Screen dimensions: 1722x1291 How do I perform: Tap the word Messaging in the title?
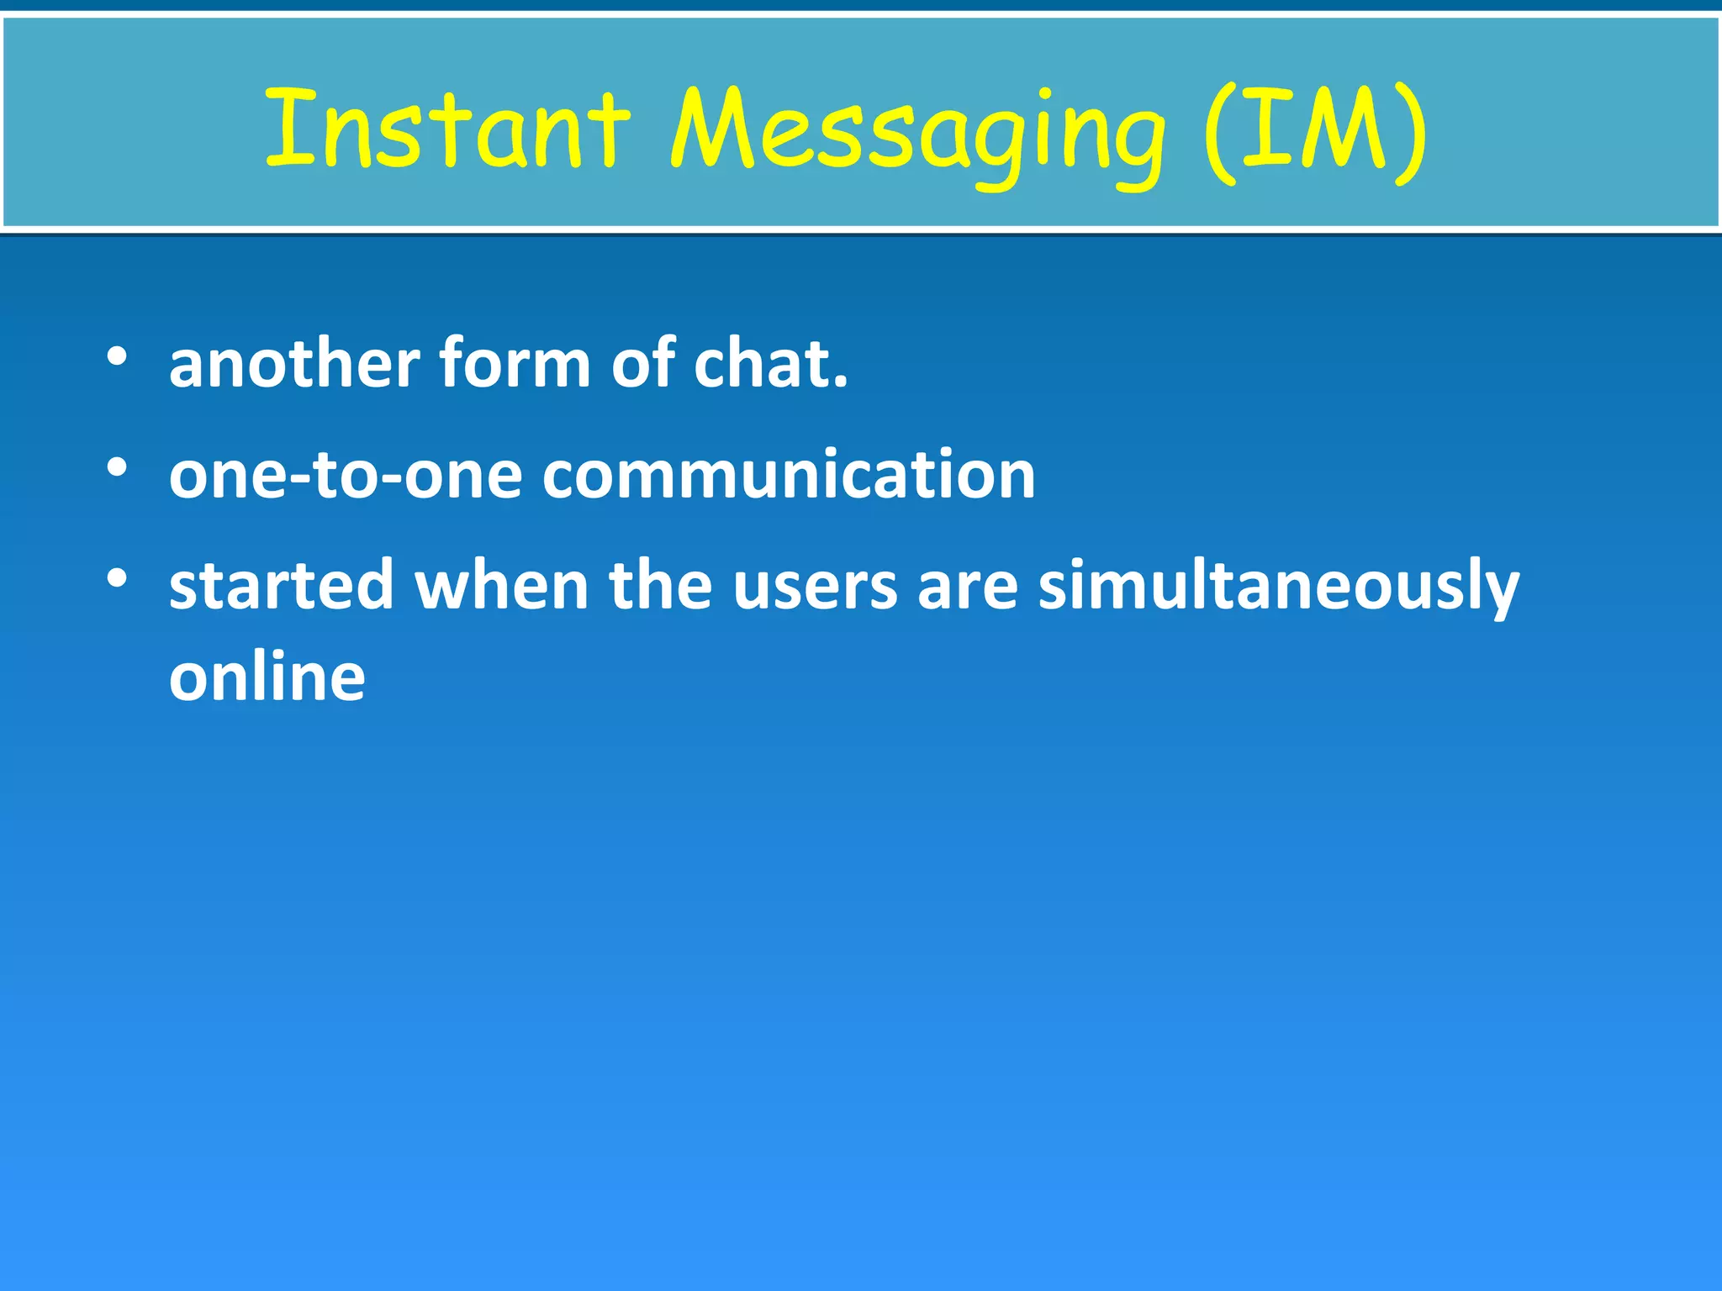pos(916,134)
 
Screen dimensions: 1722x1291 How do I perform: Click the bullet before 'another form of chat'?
pos(117,356)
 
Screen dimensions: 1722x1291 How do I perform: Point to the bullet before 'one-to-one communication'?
pos(117,467)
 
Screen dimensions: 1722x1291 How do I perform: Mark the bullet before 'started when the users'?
pos(117,578)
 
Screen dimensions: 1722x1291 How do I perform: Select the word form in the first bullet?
pos(515,364)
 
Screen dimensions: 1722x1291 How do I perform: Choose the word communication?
pos(789,476)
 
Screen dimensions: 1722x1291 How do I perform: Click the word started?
pos(281,586)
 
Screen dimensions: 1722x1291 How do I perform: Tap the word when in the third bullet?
pos(501,586)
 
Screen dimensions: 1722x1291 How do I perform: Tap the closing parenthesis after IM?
pos(1411,134)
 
